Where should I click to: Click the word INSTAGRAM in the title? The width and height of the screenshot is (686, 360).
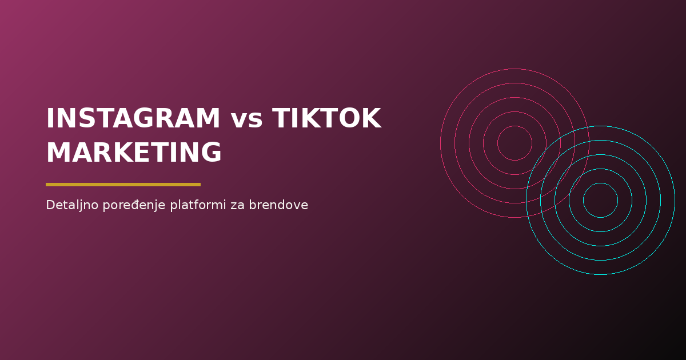pyautogui.click(x=133, y=119)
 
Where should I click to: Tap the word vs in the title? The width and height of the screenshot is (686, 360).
pyautogui.click(x=247, y=120)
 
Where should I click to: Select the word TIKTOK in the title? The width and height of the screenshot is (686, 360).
pyautogui.click(x=326, y=119)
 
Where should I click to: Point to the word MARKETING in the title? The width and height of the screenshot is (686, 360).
pyautogui.click(x=134, y=153)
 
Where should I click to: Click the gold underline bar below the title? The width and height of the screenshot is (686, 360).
pyautogui.click(x=123, y=185)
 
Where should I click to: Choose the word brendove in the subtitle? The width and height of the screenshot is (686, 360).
pyautogui.click(x=278, y=205)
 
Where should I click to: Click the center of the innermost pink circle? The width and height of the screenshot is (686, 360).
pyautogui.click(x=514, y=143)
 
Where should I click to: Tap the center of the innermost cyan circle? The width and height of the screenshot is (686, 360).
pyautogui.click(x=600, y=200)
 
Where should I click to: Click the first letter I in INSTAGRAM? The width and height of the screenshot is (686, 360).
pyautogui.click(x=50, y=119)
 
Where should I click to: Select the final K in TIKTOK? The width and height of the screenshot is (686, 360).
pyautogui.click(x=371, y=119)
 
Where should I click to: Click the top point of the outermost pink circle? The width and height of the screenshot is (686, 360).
pyautogui.click(x=514, y=69)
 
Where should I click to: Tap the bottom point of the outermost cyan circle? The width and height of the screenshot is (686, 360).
pyautogui.click(x=600, y=274)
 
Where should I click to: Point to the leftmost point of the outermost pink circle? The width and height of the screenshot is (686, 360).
pyautogui.click(x=440, y=143)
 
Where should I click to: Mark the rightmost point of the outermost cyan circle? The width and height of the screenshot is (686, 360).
pyautogui.click(x=675, y=200)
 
